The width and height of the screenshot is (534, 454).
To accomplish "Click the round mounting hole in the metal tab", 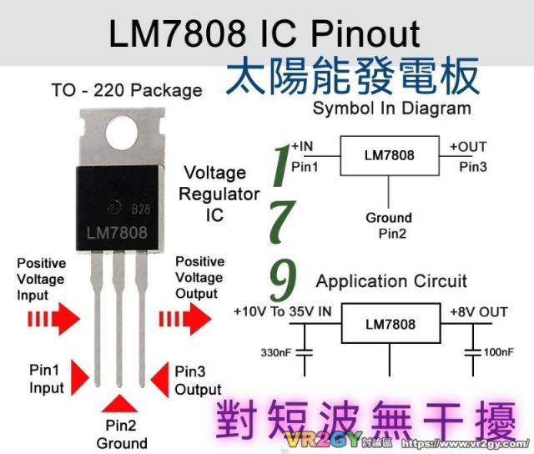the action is tap(122, 132).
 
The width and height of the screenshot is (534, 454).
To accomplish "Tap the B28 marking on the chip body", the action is tap(141, 209).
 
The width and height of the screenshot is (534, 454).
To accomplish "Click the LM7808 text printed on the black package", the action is tap(117, 233).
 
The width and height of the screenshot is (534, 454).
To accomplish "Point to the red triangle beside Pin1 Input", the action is tap(80, 378).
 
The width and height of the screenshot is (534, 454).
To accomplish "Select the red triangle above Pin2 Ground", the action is tap(119, 404).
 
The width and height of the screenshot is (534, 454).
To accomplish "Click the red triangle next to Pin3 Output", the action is tap(159, 380).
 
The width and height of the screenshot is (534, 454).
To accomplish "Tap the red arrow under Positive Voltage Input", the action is tap(53, 319).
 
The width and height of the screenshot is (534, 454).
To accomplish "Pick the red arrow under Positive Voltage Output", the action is tap(185, 319).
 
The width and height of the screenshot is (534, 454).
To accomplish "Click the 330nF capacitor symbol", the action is tap(305, 352).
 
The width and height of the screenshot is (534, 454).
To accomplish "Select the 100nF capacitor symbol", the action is tap(473, 352).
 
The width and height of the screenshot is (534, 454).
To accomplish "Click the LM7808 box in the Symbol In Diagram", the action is tap(390, 156).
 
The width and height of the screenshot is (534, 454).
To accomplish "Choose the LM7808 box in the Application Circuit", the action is tap(391, 323).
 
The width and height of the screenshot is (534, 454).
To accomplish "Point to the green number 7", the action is tap(282, 222).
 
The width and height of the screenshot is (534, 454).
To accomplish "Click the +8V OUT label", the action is tap(478, 312).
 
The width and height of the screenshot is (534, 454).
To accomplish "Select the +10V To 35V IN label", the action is tap(282, 311).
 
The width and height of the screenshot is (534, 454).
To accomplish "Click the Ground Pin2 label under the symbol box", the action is tap(390, 225).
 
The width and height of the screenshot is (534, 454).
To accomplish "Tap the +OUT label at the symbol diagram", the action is tap(468, 147).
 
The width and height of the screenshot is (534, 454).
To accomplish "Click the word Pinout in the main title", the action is tap(365, 33).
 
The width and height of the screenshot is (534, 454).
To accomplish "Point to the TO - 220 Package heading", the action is tap(127, 91).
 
